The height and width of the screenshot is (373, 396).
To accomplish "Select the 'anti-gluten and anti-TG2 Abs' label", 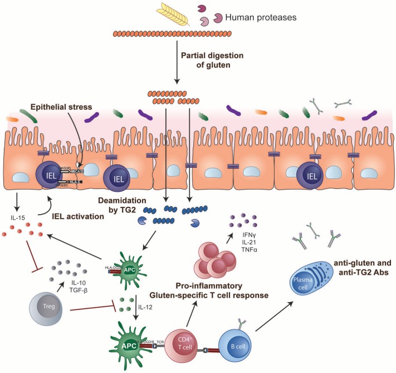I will tap(359, 268).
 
